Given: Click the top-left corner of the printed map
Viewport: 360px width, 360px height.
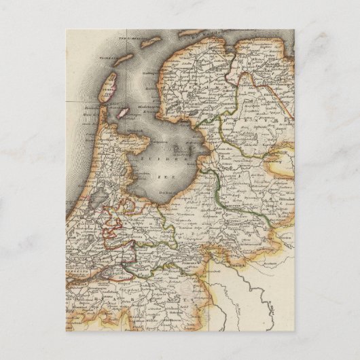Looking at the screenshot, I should [x=67, y=30].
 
